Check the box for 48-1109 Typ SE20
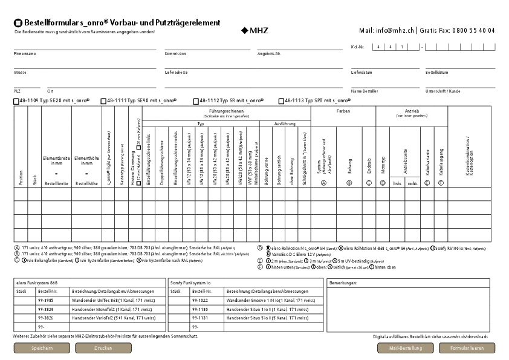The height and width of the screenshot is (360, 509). click(x=16, y=101)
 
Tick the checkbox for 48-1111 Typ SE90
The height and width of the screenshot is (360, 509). click(x=104, y=101)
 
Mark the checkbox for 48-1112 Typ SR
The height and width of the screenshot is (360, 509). click(x=196, y=101)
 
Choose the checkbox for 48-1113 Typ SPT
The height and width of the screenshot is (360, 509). click(x=281, y=101)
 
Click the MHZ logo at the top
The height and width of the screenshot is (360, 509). click(x=254, y=30)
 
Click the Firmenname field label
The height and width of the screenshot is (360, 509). click(x=25, y=53)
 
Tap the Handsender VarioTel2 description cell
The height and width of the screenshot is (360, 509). click(x=111, y=318)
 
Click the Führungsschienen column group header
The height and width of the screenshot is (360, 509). click(x=225, y=112)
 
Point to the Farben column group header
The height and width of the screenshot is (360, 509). click(x=343, y=111)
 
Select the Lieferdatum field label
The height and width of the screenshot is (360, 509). click(x=361, y=72)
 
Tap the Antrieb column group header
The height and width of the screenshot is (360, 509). click(x=412, y=111)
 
